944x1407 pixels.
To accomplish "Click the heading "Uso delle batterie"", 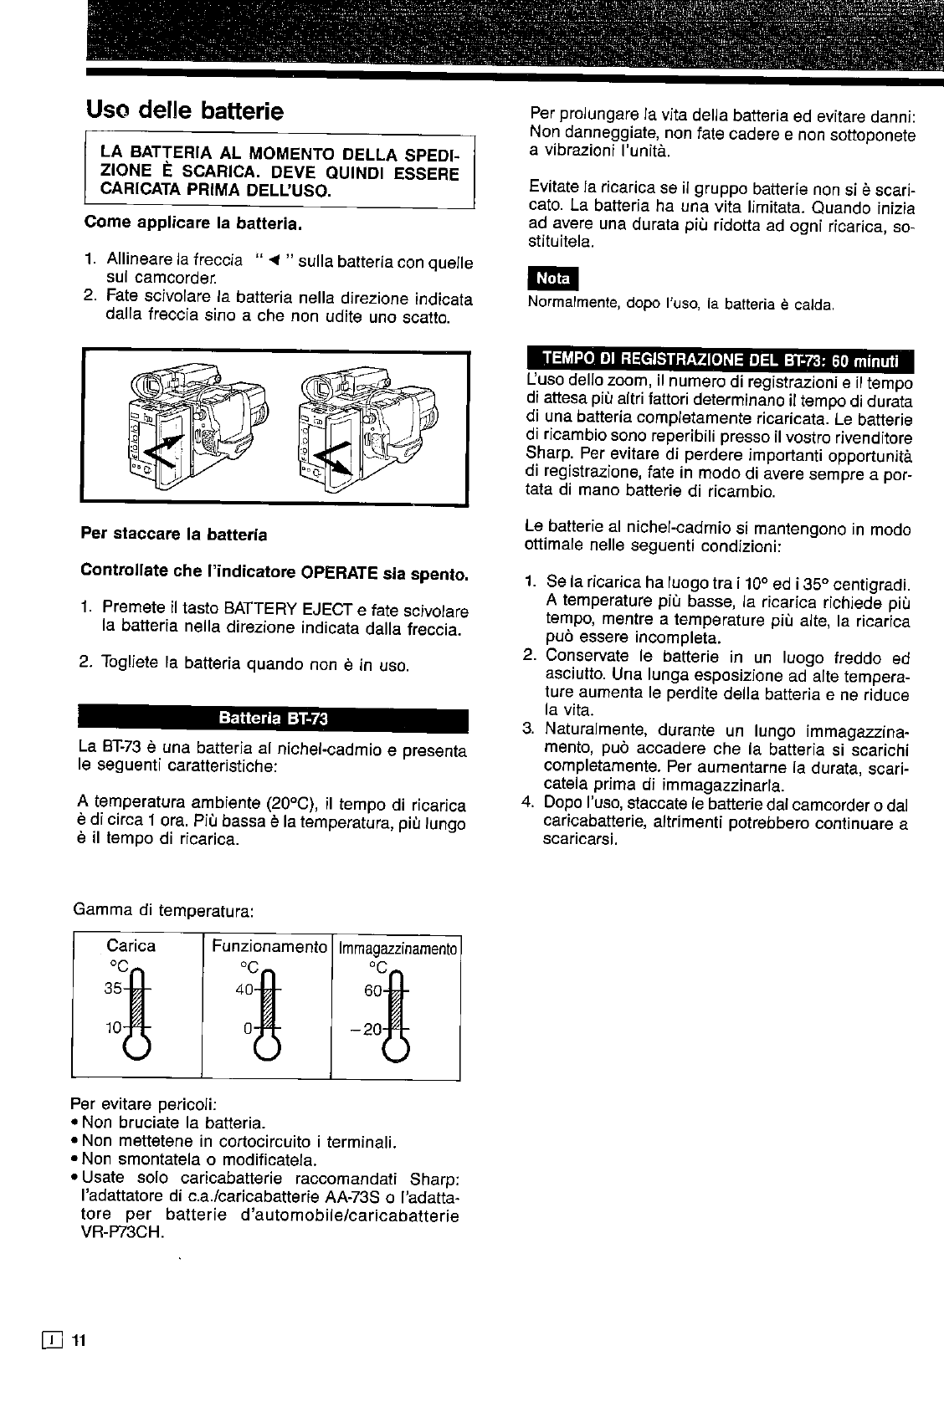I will coord(185,111).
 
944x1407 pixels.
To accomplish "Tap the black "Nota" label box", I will coord(552,279).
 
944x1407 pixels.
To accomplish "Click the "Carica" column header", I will coord(131,946).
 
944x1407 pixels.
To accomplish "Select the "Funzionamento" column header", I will coord(268,946).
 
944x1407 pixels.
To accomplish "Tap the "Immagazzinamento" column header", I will coord(398,948).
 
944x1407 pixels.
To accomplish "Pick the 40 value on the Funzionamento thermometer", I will coord(244,988).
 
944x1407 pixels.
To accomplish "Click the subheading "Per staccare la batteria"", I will coord(174,533).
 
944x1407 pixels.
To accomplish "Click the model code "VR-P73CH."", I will coord(119,1233).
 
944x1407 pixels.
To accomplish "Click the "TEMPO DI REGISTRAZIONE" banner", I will coord(720,360).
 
